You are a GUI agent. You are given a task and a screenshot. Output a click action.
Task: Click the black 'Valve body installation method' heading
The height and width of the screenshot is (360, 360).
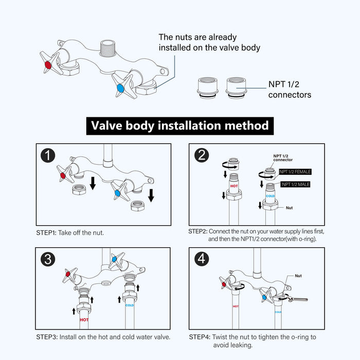(179, 125)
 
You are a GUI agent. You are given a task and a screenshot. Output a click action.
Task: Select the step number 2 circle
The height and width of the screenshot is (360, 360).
(202, 156)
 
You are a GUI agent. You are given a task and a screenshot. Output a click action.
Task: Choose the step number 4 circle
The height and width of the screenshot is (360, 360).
(202, 260)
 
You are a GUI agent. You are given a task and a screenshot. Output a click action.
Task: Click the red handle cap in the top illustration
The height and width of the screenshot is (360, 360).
(48, 65)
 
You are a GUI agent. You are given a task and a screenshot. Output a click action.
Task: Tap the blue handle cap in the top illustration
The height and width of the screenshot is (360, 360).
(120, 89)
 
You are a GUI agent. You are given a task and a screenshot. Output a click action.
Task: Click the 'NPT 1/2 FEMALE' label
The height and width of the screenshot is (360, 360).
(295, 172)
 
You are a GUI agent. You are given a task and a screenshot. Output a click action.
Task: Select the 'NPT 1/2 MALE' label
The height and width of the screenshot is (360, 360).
(295, 184)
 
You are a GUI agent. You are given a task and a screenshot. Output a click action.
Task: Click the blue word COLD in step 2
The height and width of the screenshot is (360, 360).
(271, 196)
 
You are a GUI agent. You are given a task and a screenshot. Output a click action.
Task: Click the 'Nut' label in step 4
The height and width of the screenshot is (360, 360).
(298, 276)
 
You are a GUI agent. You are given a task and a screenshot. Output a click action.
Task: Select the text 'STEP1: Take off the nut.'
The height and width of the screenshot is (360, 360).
(70, 232)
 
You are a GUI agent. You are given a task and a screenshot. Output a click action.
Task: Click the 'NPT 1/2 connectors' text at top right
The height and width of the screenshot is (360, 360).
(290, 90)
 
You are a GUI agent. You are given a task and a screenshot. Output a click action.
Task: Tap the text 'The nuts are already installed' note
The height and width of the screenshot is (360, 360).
(209, 43)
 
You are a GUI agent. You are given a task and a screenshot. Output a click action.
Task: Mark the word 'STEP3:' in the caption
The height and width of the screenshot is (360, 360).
(47, 337)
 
